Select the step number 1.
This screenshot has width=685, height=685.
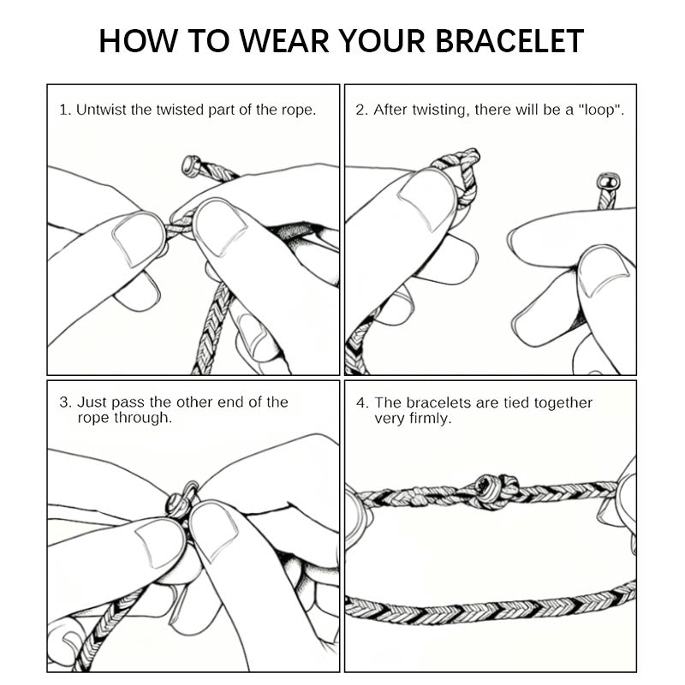(x=63, y=110)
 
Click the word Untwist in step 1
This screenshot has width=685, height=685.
(x=102, y=110)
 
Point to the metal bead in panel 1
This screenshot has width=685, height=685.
(x=191, y=165)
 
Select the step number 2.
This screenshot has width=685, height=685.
(x=360, y=110)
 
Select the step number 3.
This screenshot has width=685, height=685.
(x=64, y=402)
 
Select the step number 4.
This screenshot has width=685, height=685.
(x=361, y=402)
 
